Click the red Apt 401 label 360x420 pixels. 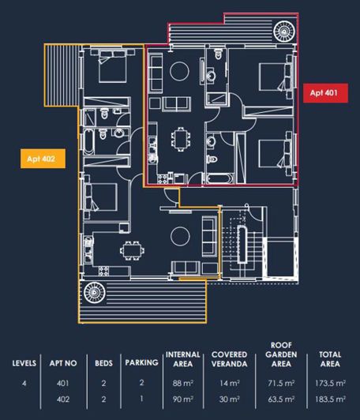(324, 92)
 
